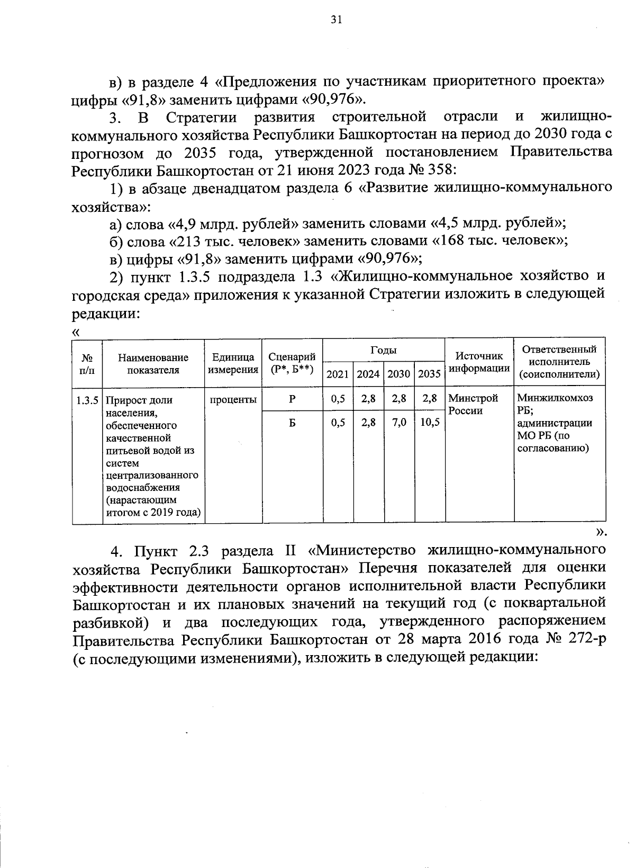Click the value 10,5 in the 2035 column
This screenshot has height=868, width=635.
click(x=430, y=424)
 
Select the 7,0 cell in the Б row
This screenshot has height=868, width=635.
click(x=400, y=424)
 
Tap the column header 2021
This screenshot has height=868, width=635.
click(x=337, y=374)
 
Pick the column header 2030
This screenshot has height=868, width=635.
click(x=399, y=374)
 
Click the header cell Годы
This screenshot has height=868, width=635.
click(x=383, y=350)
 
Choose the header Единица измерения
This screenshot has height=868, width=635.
click(x=233, y=363)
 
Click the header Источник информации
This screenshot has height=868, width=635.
click(x=479, y=362)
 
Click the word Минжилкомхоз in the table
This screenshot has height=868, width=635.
click(x=555, y=398)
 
